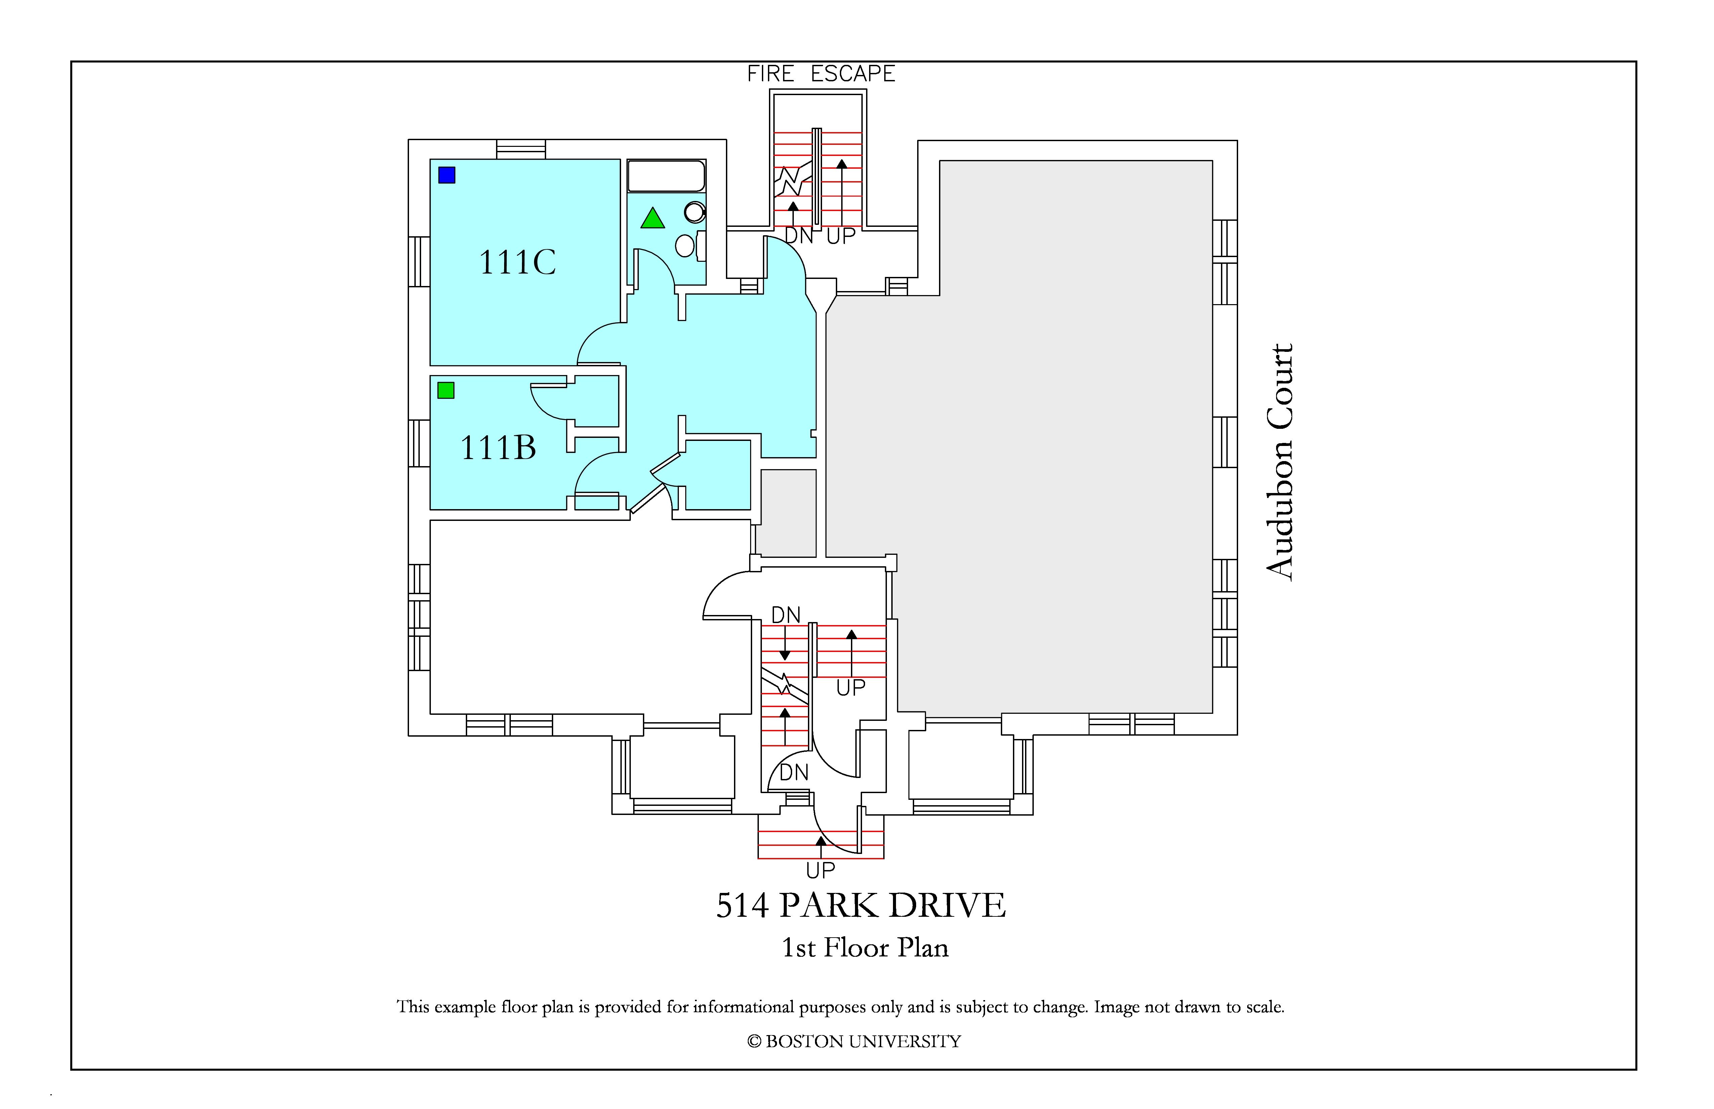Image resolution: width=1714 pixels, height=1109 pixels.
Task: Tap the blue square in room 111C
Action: point(447,175)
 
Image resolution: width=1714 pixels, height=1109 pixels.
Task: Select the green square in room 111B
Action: point(446,390)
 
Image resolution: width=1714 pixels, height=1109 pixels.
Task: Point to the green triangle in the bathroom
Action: point(652,218)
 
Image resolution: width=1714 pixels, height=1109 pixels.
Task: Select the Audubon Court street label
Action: point(1280,462)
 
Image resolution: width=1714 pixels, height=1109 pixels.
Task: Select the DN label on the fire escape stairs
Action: point(798,236)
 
